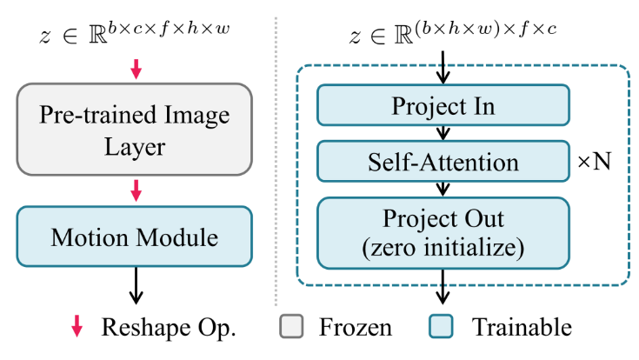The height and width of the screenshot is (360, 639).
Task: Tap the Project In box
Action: click(x=443, y=106)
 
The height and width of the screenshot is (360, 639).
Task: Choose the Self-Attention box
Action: click(x=443, y=163)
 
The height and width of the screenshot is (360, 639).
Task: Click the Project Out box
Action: click(x=443, y=232)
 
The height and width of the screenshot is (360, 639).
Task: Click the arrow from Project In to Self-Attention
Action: click(x=444, y=133)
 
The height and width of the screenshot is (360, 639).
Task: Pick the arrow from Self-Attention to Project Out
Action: click(x=444, y=189)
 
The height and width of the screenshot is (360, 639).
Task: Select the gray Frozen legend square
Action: click(x=293, y=327)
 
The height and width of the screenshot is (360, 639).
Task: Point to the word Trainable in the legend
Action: click(x=522, y=327)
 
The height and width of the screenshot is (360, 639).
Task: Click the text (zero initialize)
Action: click(x=443, y=247)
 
